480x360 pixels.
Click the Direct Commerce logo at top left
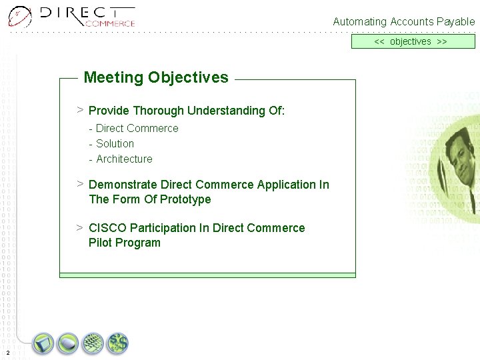pyautogui.click(x=72, y=16)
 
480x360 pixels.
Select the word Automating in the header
pyautogui.click(x=359, y=22)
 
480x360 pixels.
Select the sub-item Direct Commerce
pyautogui.click(x=137, y=128)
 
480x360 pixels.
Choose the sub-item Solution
pyautogui.click(x=115, y=143)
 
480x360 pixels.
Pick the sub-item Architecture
pyautogui.click(x=124, y=159)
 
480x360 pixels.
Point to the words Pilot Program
pyautogui.click(x=125, y=243)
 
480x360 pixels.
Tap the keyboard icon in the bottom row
pyautogui.click(x=93, y=344)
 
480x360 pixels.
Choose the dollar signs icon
pyautogui.click(x=118, y=344)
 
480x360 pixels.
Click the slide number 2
pyautogui.click(x=7, y=352)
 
